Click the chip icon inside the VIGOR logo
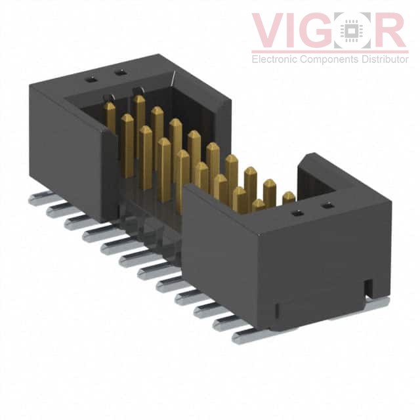tap(352, 30)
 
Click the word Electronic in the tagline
tap(274, 59)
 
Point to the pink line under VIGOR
tap(330, 51)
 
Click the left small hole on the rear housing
tap(91, 79)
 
